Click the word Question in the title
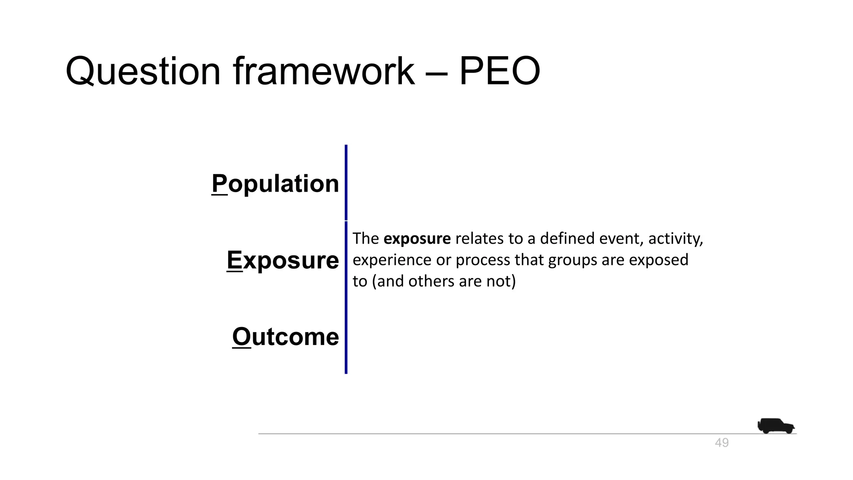143,72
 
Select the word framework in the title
324,72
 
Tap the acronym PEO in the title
499,72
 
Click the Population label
275,183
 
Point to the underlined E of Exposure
234,260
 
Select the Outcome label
285,336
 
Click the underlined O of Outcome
242,336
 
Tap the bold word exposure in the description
417,239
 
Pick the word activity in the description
675,239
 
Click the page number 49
721,443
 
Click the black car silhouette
776,426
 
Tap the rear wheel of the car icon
766,431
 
